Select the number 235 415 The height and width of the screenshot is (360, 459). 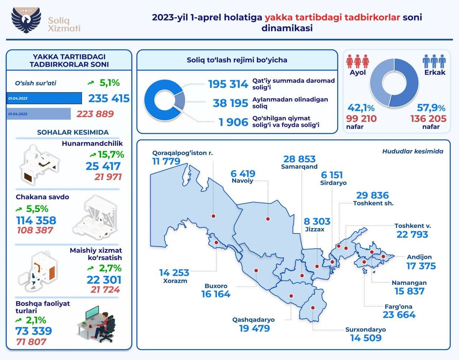coord(109,99)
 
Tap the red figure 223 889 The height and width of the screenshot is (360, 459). coord(95,114)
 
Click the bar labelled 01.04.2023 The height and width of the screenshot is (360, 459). coord(44,98)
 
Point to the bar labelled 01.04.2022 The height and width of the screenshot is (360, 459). coord(39,114)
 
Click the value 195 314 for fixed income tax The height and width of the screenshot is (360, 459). coord(228,84)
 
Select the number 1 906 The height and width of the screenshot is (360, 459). coord(233,123)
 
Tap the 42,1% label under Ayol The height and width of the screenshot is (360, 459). coord(361,108)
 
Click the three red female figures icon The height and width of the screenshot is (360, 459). coord(358,61)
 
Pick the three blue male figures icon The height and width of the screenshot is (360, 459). coord(434,61)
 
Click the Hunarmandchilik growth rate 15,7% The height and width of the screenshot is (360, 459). coord(107,155)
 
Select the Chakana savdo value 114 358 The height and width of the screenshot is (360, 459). coord(36,220)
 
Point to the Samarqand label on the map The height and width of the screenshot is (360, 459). coord(299,167)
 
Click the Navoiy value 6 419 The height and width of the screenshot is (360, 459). coord(243,174)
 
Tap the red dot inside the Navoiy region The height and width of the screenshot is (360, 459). coord(268,219)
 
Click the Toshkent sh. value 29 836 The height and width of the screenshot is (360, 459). coord(372,195)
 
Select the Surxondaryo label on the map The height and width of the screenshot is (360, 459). coord(365,330)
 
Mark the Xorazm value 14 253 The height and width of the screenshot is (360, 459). coord(174,273)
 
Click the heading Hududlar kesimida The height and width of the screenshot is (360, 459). coord(412,151)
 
